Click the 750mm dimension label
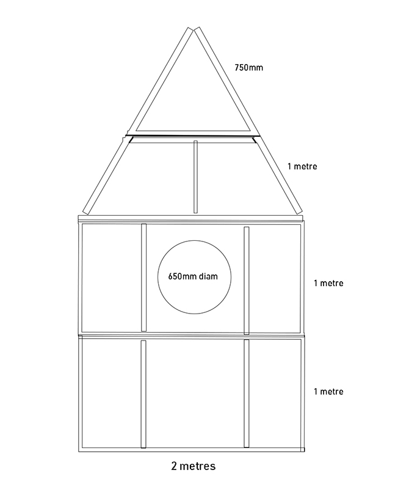point(249,68)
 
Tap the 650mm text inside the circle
point(181,276)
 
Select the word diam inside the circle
point(208,276)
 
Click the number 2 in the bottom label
point(175,467)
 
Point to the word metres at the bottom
point(199,467)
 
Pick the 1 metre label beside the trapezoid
point(302,166)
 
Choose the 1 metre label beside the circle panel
point(328,284)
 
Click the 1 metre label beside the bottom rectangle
point(328,392)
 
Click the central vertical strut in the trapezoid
point(195,177)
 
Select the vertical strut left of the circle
point(144,278)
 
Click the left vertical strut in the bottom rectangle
point(143,394)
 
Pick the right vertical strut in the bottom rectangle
point(247,394)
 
